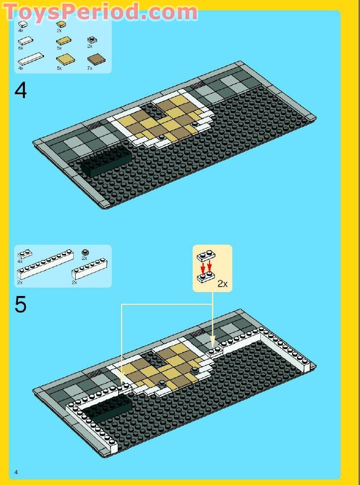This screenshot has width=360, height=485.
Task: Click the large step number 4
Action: click(21, 91)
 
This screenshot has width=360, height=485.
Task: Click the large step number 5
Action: click(21, 305)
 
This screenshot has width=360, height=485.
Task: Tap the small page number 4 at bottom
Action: click(16, 472)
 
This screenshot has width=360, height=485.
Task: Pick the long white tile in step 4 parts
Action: click(29, 60)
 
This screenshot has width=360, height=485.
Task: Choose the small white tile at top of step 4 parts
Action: click(22, 23)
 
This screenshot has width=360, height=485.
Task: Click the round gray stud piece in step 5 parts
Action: click(85, 253)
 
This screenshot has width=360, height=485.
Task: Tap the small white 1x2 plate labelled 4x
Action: click(24, 254)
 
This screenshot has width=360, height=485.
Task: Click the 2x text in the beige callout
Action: click(222, 284)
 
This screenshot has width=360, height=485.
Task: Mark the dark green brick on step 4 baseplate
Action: click(106, 161)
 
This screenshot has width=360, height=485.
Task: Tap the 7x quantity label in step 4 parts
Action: click(89, 68)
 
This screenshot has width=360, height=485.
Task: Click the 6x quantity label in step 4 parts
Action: click(21, 49)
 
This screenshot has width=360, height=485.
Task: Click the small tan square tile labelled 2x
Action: click(61, 23)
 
